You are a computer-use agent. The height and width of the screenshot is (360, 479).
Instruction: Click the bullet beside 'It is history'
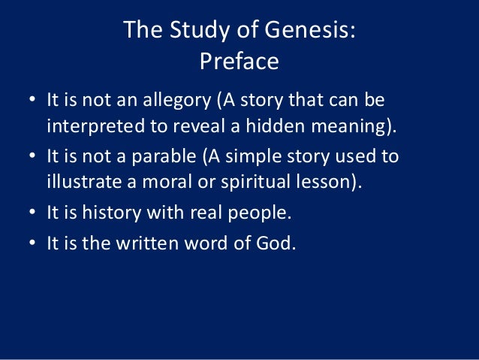tap(29, 214)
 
